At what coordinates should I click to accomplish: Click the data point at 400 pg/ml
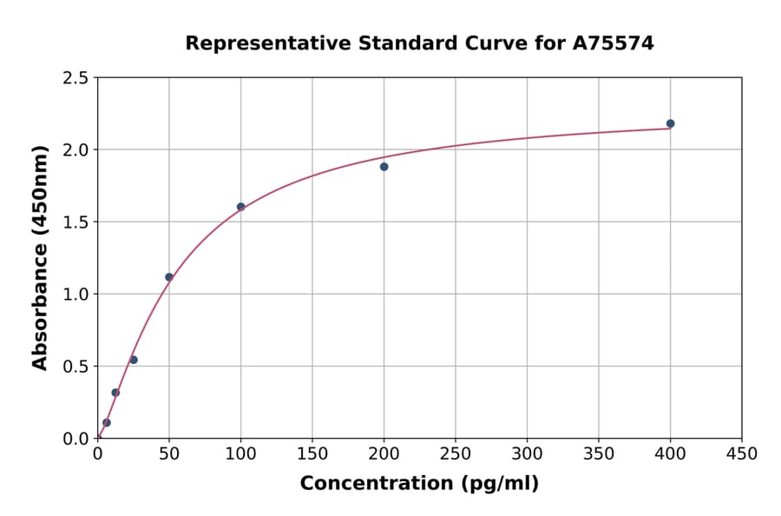click(670, 123)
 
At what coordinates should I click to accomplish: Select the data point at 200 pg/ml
click(384, 167)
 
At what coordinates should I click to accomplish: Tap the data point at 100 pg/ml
click(241, 207)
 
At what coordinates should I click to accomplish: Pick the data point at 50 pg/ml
click(169, 277)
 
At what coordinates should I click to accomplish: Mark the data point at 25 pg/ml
click(134, 360)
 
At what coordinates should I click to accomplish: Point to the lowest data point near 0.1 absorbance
click(107, 423)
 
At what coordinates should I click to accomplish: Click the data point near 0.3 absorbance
click(115, 393)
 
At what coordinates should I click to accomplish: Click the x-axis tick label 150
click(312, 453)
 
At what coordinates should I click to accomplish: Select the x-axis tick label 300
click(527, 453)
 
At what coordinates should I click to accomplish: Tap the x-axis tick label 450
click(741, 453)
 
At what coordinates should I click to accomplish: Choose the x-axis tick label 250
click(456, 453)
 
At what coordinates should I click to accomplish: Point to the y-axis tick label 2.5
click(75, 78)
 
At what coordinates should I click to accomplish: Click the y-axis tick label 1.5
click(75, 222)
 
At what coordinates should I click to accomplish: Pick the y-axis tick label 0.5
click(75, 367)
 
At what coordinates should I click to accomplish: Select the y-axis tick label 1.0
click(75, 294)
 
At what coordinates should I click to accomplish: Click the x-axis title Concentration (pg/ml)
click(419, 484)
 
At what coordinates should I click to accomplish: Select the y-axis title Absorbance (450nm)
click(40, 257)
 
